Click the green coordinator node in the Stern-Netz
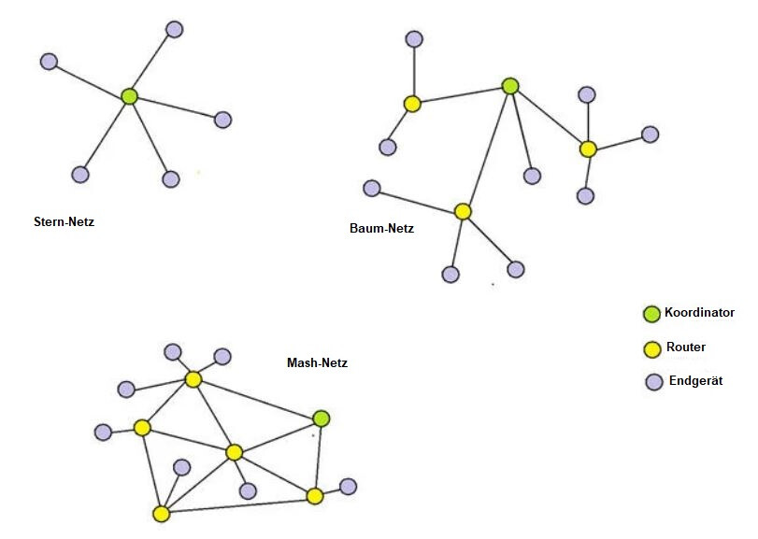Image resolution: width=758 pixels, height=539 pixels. [x=129, y=96]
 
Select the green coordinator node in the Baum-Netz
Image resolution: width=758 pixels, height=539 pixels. [x=510, y=87]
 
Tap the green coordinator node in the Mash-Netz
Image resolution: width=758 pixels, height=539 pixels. [x=322, y=418]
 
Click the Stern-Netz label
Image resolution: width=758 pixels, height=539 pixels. [x=64, y=221]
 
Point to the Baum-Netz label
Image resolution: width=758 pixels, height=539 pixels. [x=382, y=228]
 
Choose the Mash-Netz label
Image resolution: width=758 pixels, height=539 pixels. [x=317, y=362]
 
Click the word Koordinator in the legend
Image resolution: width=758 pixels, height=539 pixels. [x=699, y=313]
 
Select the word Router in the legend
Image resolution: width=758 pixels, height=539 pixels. [x=686, y=347]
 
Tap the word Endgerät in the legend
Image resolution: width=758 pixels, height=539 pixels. [x=695, y=380]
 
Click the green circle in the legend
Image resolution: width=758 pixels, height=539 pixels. [x=651, y=314]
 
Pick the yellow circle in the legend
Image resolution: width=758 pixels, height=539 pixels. [x=652, y=349]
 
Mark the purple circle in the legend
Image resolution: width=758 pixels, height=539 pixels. [x=654, y=382]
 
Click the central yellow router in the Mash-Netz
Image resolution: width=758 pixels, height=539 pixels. [x=234, y=452]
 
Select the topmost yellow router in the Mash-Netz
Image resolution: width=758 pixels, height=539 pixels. [x=193, y=379]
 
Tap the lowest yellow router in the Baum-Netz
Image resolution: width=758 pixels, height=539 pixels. [x=463, y=211]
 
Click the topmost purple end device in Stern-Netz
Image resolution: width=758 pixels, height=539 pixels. [x=175, y=30]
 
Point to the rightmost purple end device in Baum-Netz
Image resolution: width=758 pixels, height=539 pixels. [x=651, y=135]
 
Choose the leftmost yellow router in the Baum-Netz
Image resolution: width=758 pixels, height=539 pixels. [x=412, y=104]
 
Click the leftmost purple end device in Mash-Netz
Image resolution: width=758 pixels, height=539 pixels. [x=103, y=433]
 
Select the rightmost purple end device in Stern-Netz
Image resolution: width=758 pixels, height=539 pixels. [x=222, y=120]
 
